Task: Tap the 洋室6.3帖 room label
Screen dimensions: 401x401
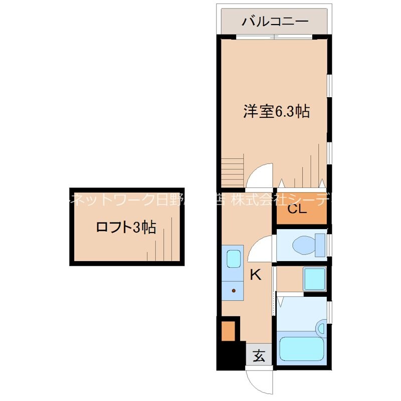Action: coord(276,111)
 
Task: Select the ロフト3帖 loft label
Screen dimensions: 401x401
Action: coord(126,228)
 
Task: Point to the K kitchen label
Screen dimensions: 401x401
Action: coord(256,274)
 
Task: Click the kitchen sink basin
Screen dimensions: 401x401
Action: coord(233,259)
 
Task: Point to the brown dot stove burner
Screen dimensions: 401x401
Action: coord(233,290)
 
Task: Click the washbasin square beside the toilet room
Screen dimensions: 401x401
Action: coord(314,278)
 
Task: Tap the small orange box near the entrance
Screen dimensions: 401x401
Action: coord(228,330)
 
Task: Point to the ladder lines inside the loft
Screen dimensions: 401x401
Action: coord(163,241)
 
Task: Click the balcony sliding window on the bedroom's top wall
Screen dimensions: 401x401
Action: coord(274,36)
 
